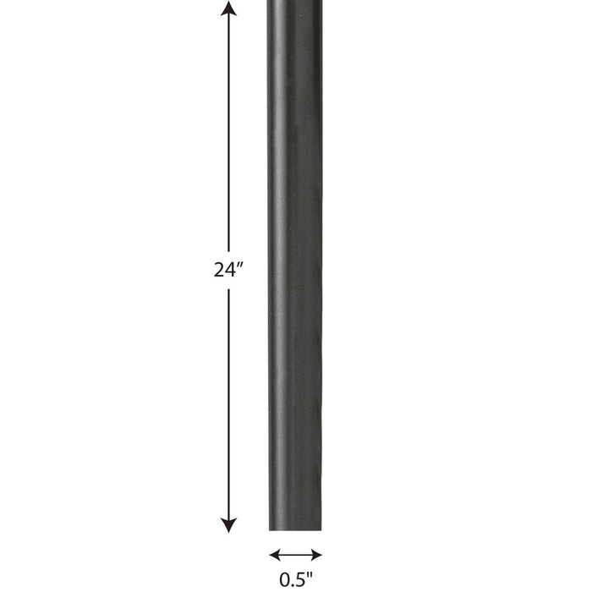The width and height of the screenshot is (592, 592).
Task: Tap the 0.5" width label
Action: [x=295, y=579]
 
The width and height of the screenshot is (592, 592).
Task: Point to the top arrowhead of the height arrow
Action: [x=228, y=9]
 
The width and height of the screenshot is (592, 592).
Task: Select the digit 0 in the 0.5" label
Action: [x=285, y=579]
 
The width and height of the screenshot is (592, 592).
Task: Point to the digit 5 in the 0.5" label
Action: [x=300, y=579]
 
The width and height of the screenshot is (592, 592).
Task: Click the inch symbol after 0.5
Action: [x=310, y=575]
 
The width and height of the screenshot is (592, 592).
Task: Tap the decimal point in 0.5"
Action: [x=293, y=584]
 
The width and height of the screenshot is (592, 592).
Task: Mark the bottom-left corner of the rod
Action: [x=271, y=529]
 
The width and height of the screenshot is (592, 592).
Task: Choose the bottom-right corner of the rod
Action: [x=321, y=529]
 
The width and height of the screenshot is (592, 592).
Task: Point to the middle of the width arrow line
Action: [x=295, y=556]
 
